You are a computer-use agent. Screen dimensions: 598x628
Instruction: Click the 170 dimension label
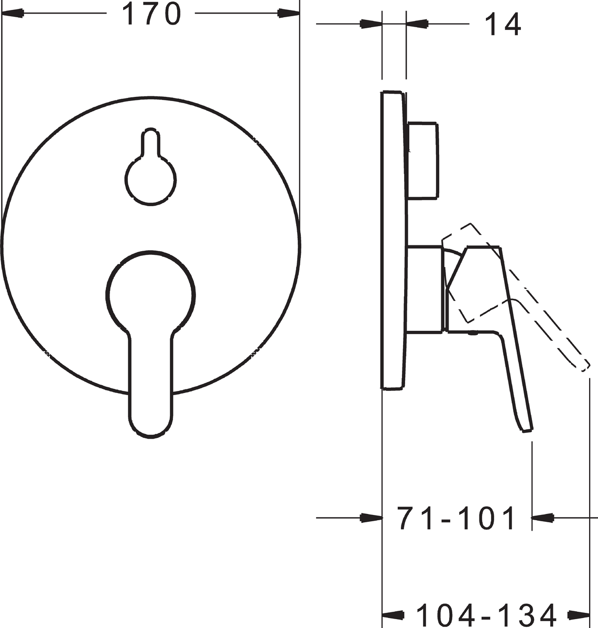(151, 14)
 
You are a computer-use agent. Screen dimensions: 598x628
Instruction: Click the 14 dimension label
(503, 24)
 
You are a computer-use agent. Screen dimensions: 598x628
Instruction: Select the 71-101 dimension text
(456, 518)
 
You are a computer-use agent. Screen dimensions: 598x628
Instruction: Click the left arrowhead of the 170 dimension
(13, 13)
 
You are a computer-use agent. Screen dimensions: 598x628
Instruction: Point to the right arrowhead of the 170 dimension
(288, 13)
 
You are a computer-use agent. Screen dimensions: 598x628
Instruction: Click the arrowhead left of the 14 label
(417, 24)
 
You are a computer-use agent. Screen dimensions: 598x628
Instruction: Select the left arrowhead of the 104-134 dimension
(393, 615)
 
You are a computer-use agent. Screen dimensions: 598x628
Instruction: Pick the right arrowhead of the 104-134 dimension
(579, 615)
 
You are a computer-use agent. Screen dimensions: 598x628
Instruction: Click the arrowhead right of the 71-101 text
(542, 518)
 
